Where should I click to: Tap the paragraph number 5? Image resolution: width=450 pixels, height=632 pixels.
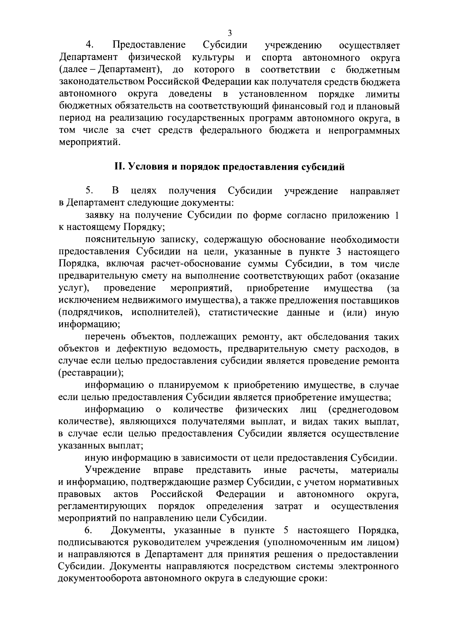click(x=89, y=191)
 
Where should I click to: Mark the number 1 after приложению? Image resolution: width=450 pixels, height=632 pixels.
click(x=396, y=215)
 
